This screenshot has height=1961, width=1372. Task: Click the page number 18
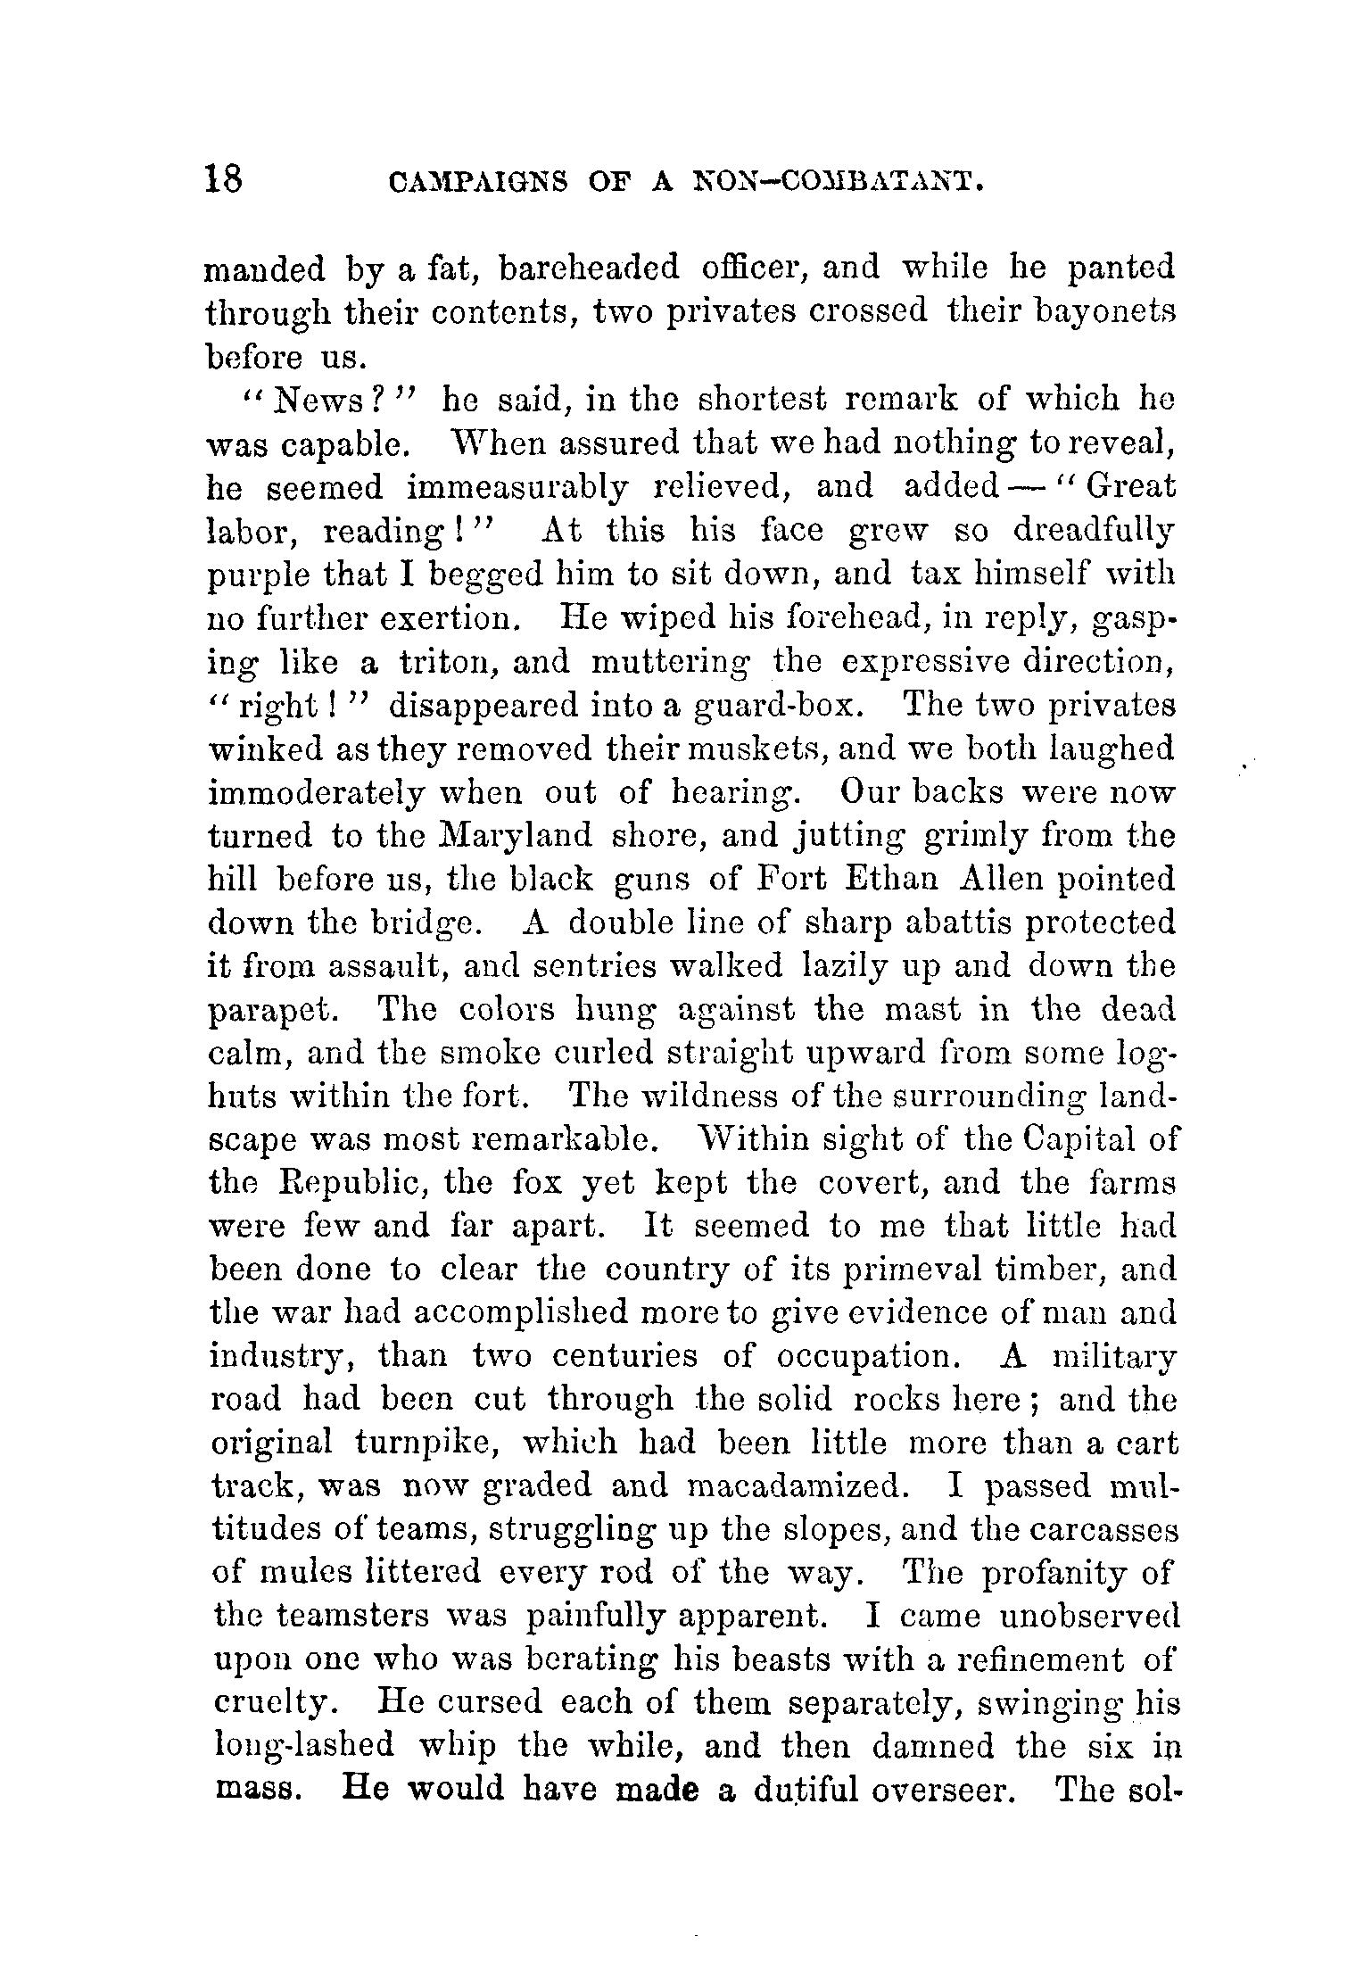pos(223,179)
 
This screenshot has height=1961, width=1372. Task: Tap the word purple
pos(257,576)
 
